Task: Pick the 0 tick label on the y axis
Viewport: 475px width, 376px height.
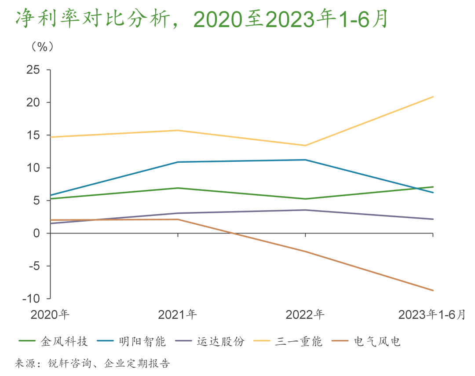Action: [x=36, y=234]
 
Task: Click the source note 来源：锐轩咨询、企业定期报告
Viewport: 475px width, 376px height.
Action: [x=92, y=364]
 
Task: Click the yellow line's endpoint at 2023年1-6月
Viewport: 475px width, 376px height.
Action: [x=433, y=97]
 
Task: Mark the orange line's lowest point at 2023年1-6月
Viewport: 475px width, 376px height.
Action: [x=433, y=290]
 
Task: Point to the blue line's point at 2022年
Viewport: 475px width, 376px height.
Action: [x=306, y=160]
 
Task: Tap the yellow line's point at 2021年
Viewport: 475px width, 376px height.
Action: [x=178, y=130]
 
